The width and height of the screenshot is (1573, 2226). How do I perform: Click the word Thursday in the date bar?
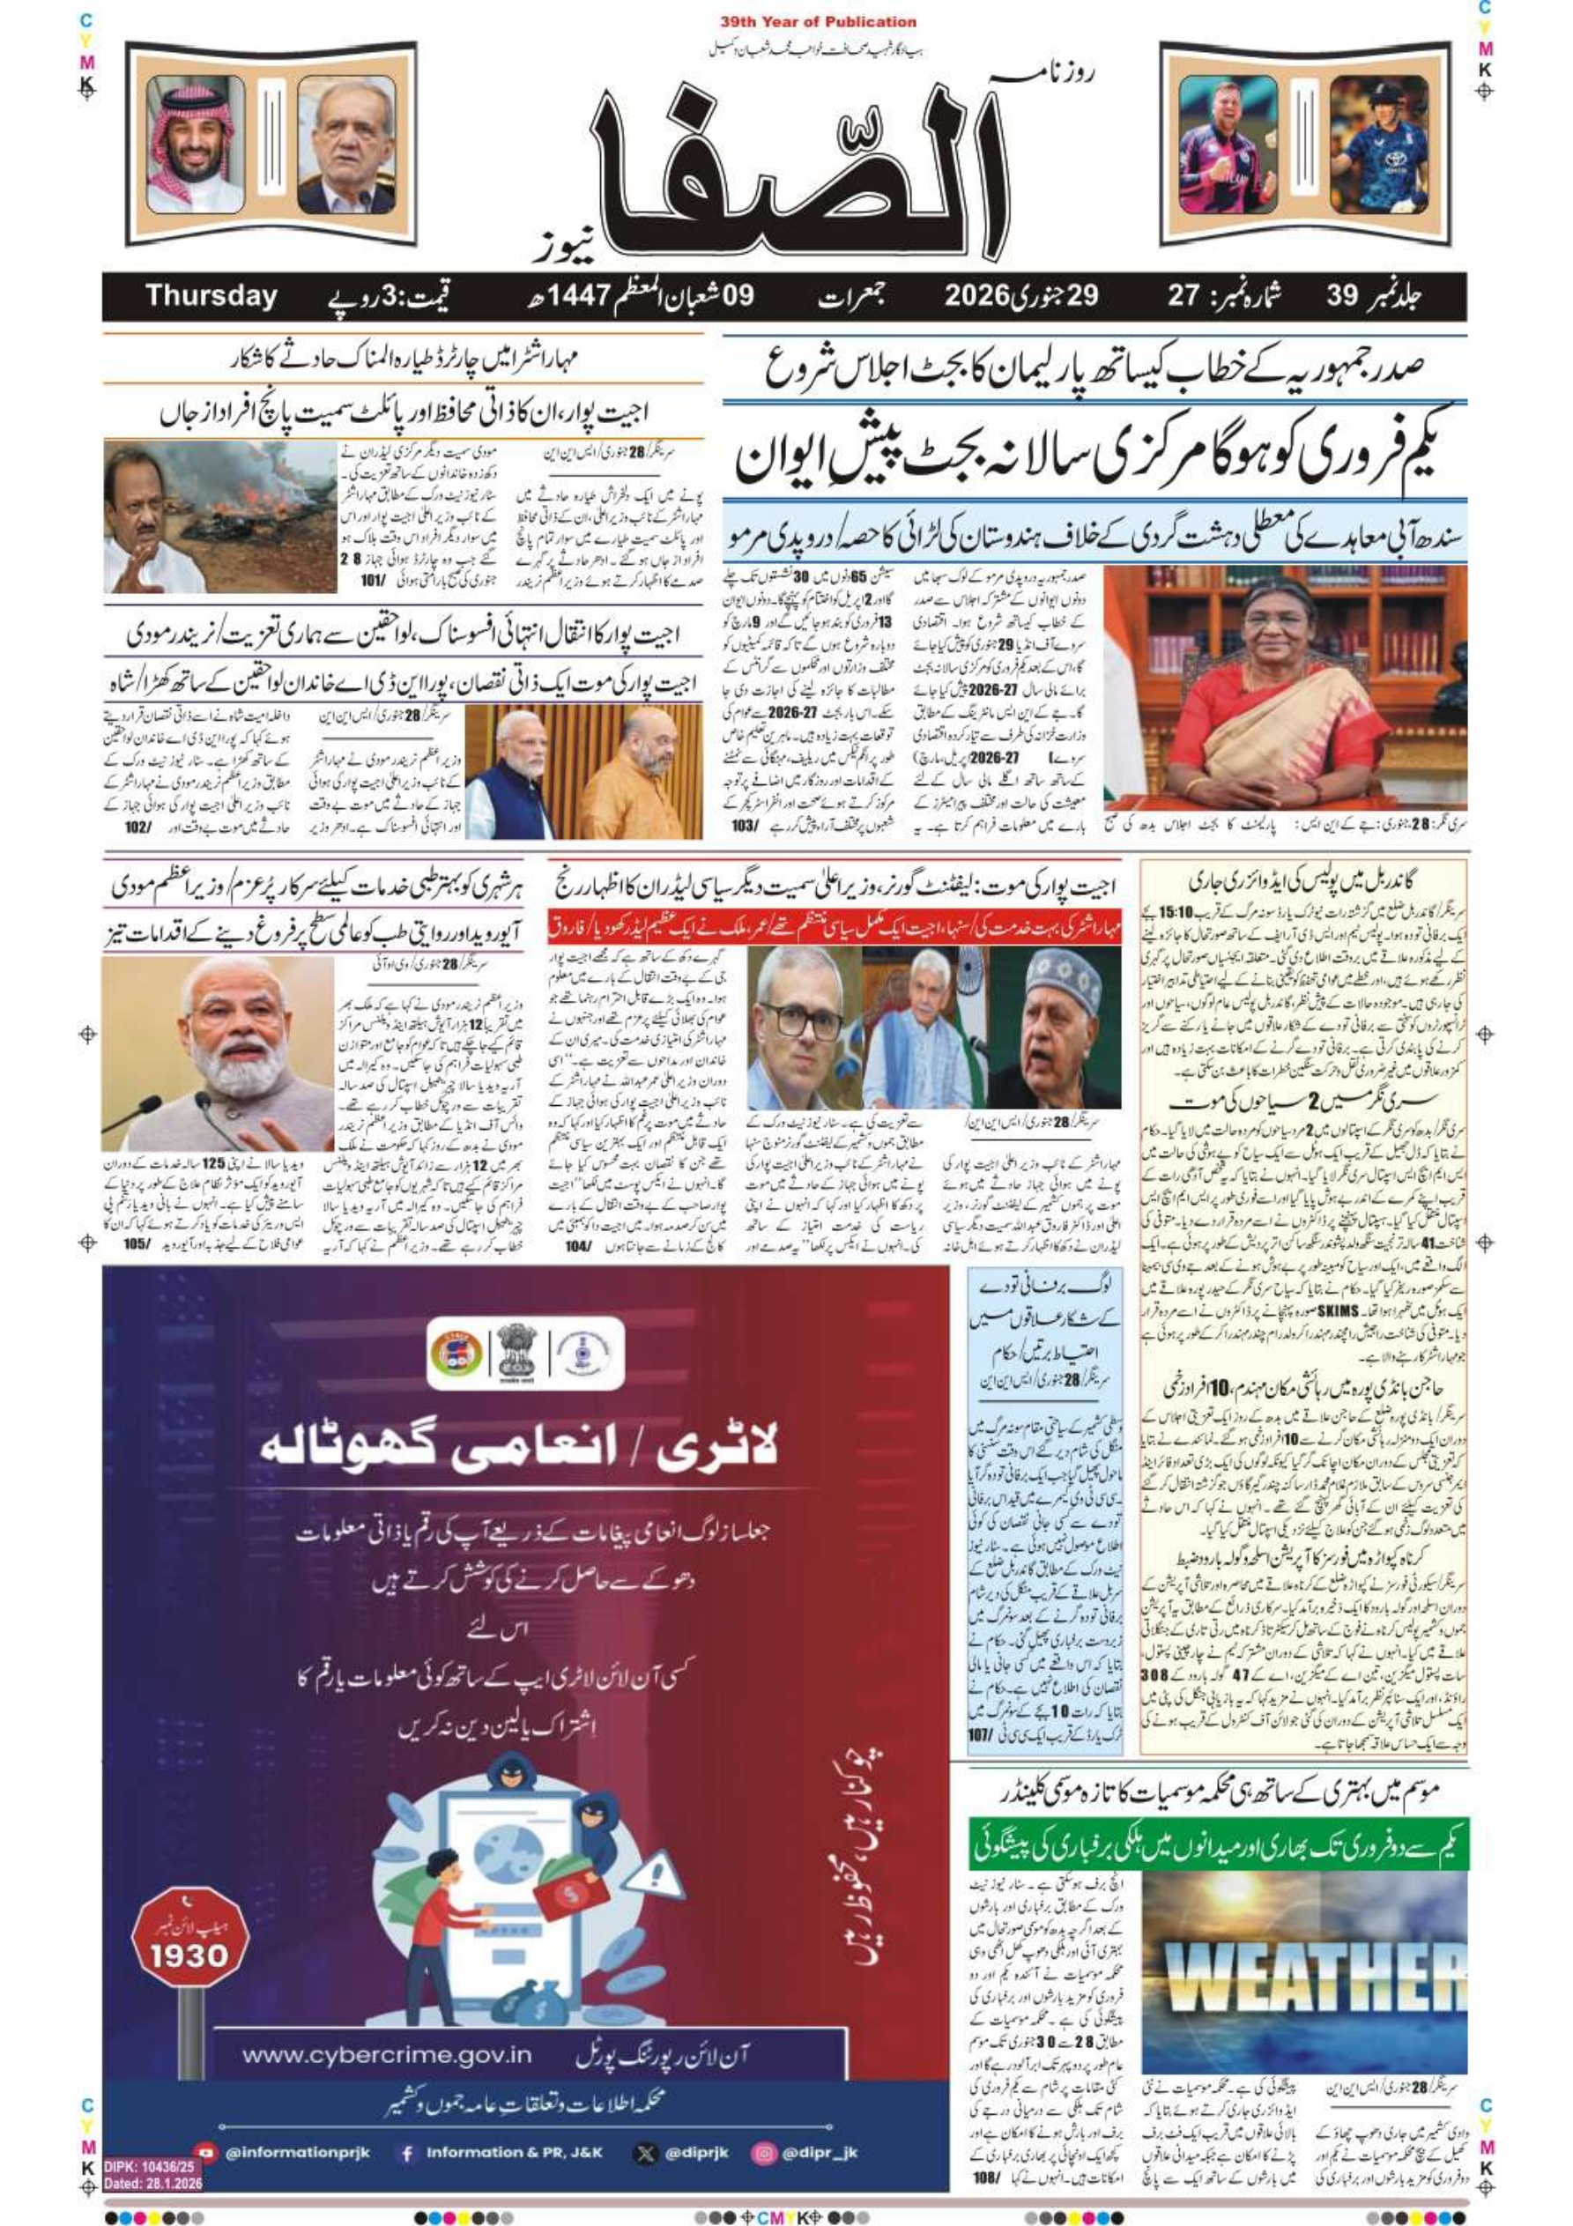coord(211,296)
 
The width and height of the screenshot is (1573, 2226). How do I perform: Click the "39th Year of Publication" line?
coord(818,21)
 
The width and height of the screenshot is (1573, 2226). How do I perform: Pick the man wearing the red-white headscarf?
coord(196,145)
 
